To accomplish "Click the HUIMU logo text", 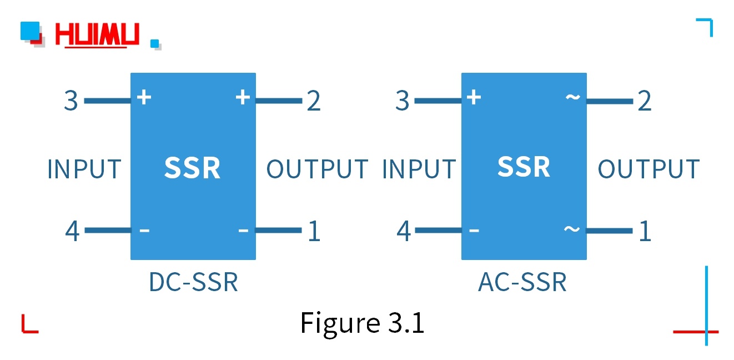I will click(x=97, y=34).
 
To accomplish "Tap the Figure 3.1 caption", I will click(x=362, y=322).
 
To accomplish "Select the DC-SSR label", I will click(x=193, y=282).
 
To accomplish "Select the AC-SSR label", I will click(x=522, y=282).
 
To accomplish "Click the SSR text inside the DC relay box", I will click(x=192, y=168).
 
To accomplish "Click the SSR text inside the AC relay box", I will click(x=524, y=167).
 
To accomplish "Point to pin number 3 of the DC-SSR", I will click(x=71, y=101).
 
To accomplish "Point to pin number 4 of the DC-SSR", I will click(x=72, y=231).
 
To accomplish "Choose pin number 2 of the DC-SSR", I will click(x=314, y=101).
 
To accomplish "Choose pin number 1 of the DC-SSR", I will click(x=314, y=231).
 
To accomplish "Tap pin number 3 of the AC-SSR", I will click(x=402, y=101).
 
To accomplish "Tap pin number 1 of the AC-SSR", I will click(x=645, y=231).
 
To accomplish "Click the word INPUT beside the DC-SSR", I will click(x=84, y=169).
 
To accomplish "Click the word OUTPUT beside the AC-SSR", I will click(x=648, y=169).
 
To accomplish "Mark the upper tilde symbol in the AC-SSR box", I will click(x=572, y=98).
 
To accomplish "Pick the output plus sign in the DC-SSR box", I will click(x=243, y=97).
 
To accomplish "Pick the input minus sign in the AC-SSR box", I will click(x=474, y=230).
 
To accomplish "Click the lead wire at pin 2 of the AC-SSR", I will click(x=610, y=101).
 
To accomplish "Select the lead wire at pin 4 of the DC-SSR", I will click(x=107, y=230).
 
